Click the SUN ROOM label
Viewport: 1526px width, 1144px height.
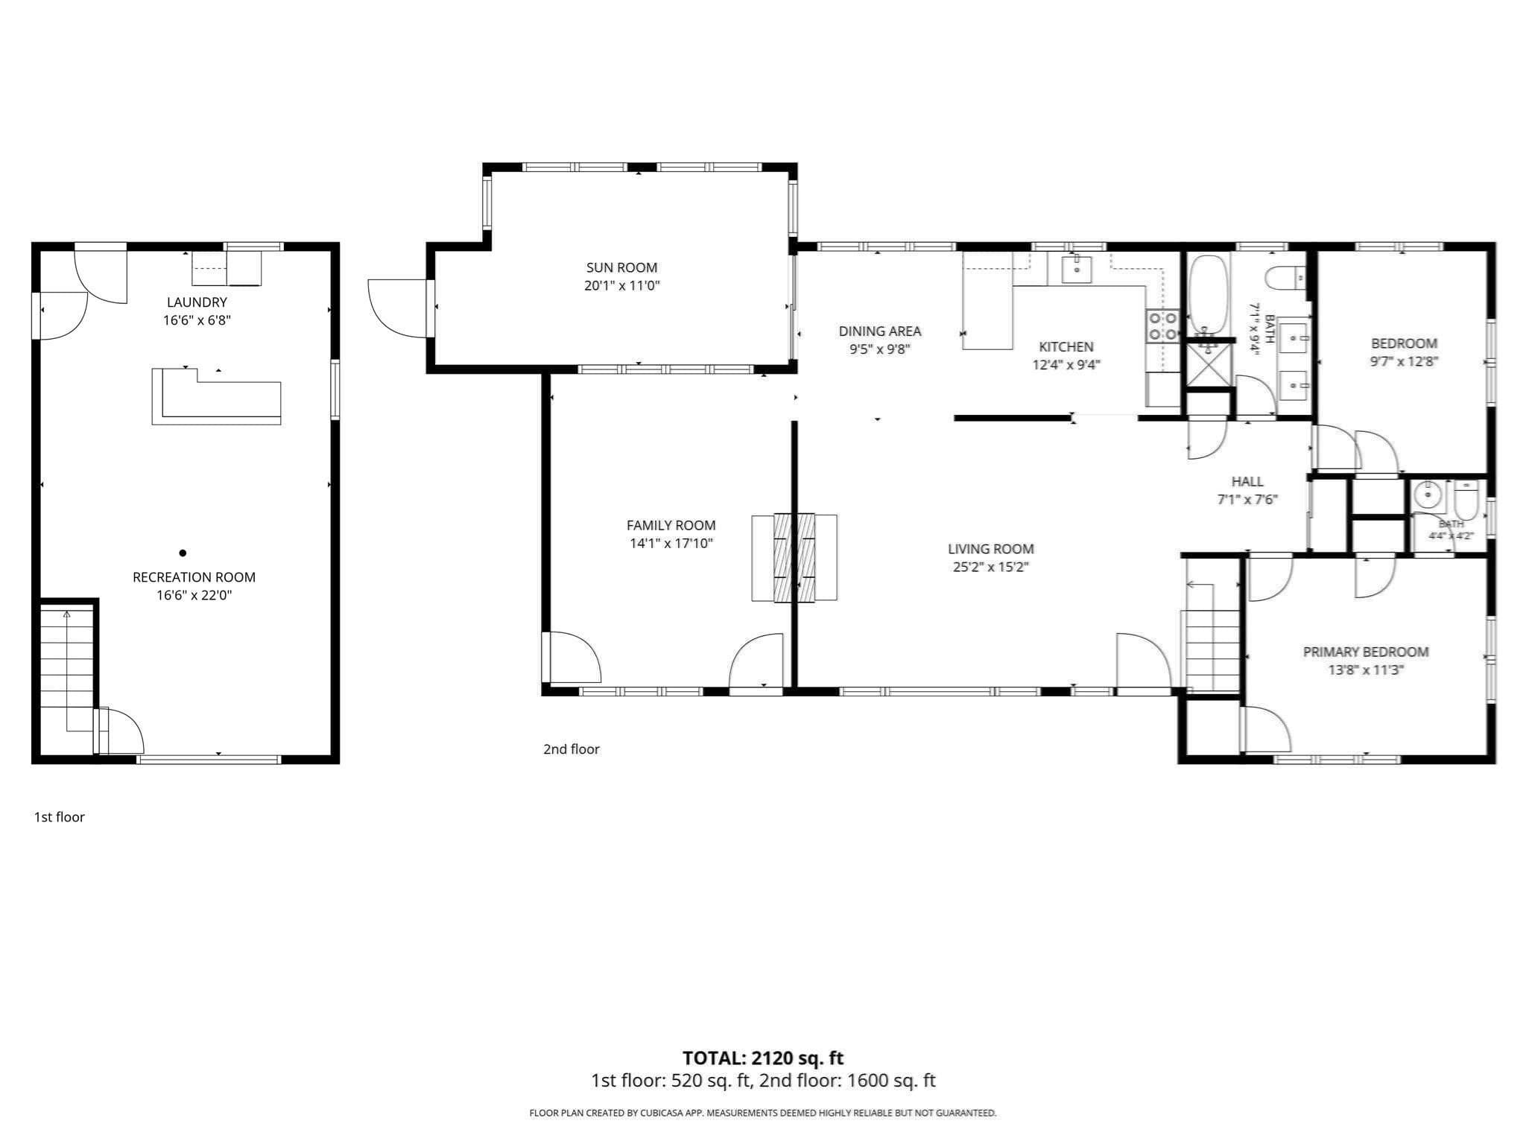pyautogui.click(x=621, y=267)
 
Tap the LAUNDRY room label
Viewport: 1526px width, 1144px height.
pyautogui.click(x=197, y=302)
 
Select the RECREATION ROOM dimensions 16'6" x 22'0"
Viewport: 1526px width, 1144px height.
pyautogui.click(x=194, y=595)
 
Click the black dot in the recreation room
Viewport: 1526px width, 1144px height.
pyautogui.click(x=183, y=553)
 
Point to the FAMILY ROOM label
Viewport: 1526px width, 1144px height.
pyautogui.click(x=671, y=525)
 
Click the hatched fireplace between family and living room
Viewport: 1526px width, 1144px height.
pyautogui.click(x=794, y=558)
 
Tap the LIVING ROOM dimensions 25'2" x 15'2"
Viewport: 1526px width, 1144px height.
pyautogui.click(x=990, y=567)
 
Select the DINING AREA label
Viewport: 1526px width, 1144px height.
pyautogui.click(x=880, y=331)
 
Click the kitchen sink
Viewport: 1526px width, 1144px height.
pyautogui.click(x=1077, y=269)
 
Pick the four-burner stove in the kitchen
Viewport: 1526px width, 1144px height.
pyautogui.click(x=1162, y=326)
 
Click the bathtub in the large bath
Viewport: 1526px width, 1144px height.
pyautogui.click(x=1207, y=294)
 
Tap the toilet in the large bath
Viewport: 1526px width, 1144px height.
pyautogui.click(x=1285, y=279)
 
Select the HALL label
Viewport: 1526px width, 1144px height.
pyautogui.click(x=1247, y=481)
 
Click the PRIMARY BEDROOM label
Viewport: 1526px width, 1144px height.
pyautogui.click(x=1366, y=652)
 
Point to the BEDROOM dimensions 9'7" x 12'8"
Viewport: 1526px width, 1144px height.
pyautogui.click(x=1404, y=362)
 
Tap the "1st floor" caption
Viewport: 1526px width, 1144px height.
pyautogui.click(x=60, y=817)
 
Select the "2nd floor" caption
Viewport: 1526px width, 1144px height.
pyautogui.click(x=572, y=749)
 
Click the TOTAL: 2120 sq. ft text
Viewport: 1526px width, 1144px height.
pyautogui.click(x=763, y=1058)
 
